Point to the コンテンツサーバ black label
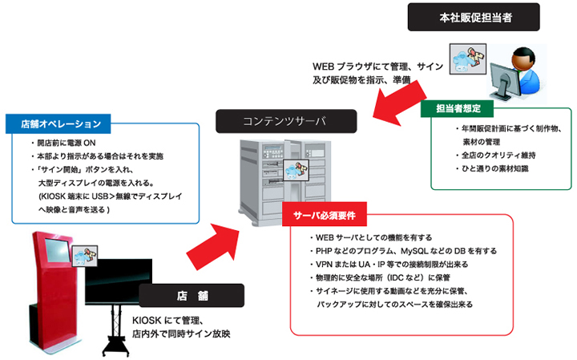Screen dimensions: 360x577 click(x=276, y=121)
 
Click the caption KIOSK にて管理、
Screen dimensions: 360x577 click(x=169, y=321)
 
